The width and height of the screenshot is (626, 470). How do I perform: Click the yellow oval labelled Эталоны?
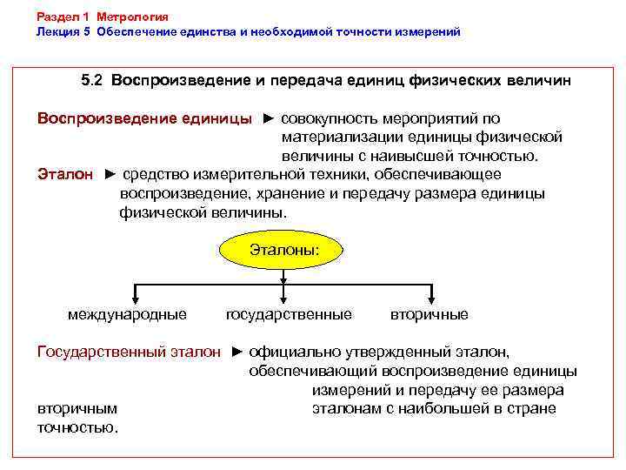284,251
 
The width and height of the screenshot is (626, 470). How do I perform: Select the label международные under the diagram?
127,314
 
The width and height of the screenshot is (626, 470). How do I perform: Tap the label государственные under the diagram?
289,314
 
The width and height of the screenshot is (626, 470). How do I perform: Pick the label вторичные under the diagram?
430,314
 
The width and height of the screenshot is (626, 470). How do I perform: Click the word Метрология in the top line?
133,17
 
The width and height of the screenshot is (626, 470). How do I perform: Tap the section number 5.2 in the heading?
91,80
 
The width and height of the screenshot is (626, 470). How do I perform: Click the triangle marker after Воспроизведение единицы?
269,118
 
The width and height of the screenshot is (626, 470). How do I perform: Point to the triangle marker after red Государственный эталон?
237,352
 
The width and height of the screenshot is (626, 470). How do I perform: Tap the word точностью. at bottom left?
77,427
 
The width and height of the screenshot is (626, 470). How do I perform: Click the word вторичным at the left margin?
77,409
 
